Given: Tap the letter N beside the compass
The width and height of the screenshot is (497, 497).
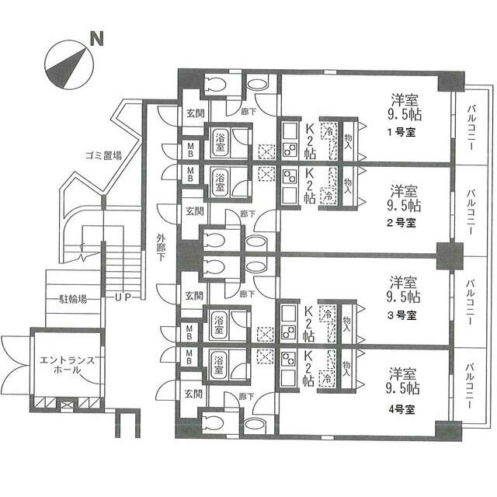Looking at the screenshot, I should pos(96,36).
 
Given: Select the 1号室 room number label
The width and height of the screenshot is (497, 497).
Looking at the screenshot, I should pos(401,132).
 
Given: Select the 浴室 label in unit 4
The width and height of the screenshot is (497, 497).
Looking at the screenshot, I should pos(220,363).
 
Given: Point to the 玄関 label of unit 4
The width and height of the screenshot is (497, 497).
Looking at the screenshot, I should pos(194,394).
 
